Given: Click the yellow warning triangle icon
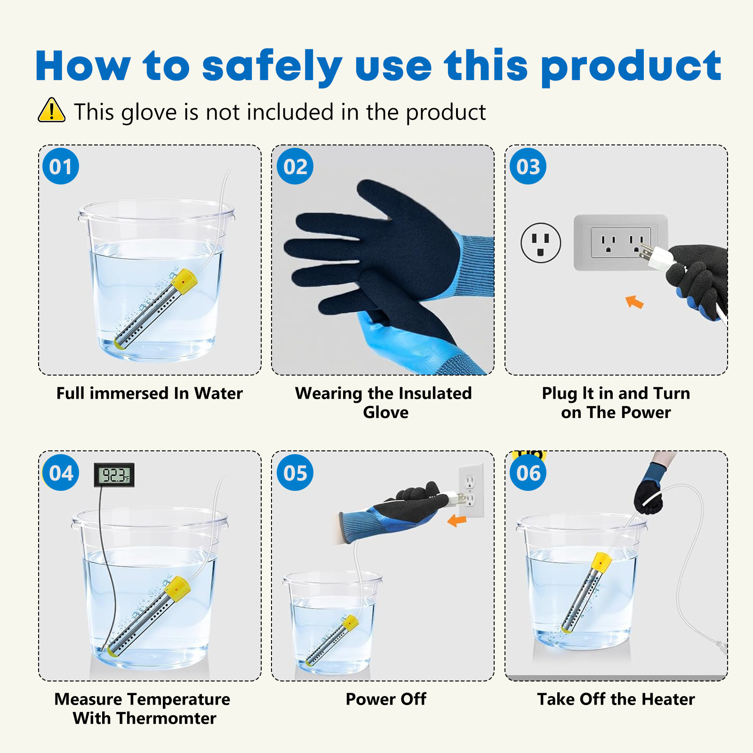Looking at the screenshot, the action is (x=51, y=110).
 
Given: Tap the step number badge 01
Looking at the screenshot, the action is (x=61, y=166).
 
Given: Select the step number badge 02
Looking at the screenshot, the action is (x=295, y=166).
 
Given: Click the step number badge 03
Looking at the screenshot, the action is (x=528, y=166).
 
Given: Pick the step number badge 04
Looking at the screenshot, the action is (x=61, y=473).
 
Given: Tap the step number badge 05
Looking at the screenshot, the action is (x=295, y=473).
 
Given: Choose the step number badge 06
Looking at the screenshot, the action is (x=528, y=473).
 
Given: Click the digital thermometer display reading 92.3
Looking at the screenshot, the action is (x=114, y=474).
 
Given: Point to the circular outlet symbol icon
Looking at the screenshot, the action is (x=541, y=243).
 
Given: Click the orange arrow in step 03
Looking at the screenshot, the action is (x=634, y=302).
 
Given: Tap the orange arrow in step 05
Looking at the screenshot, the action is (x=457, y=521).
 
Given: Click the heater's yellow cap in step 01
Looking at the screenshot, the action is (x=184, y=281).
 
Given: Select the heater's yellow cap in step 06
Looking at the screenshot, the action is (x=601, y=561).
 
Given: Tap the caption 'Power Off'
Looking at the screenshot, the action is (x=386, y=699).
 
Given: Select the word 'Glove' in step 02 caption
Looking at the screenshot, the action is (x=386, y=412).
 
